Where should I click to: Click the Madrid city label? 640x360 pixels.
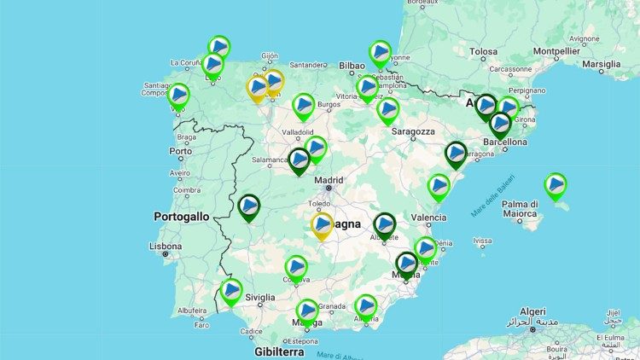(x=329, y=179)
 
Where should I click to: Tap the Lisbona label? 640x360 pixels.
(x=166, y=246)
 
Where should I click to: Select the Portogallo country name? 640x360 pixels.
(x=181, y=217)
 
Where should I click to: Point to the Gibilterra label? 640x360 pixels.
(x=278, y=351)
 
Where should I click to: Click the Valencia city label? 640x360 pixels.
(x=428, y=218)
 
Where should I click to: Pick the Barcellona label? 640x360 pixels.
(x=503, y=142)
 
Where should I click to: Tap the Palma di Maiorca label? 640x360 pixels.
(x=520, y=210)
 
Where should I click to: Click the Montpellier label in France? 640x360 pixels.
(x=556, y=51)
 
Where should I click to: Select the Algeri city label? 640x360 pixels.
(x=532, y=312)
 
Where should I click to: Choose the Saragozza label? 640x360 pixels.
(x=413, y=131)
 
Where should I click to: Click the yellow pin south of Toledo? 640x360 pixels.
(x=322, y=224)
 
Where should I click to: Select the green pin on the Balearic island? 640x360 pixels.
(x=556, y=183)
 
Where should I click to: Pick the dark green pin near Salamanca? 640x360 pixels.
(x=299, y=160)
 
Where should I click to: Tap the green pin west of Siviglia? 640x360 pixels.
(x=231, y=291)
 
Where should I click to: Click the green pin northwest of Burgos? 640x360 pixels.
(x=303, y=106)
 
